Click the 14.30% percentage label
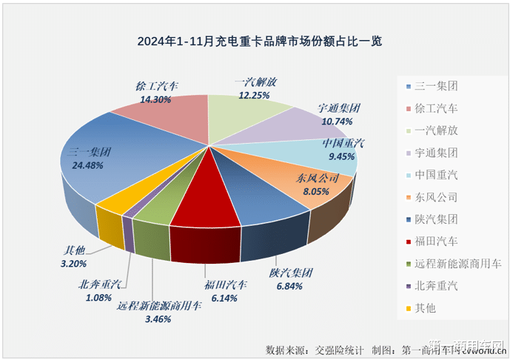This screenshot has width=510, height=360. (x=155, y=99)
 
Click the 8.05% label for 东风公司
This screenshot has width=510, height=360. (x=317, y=190)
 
